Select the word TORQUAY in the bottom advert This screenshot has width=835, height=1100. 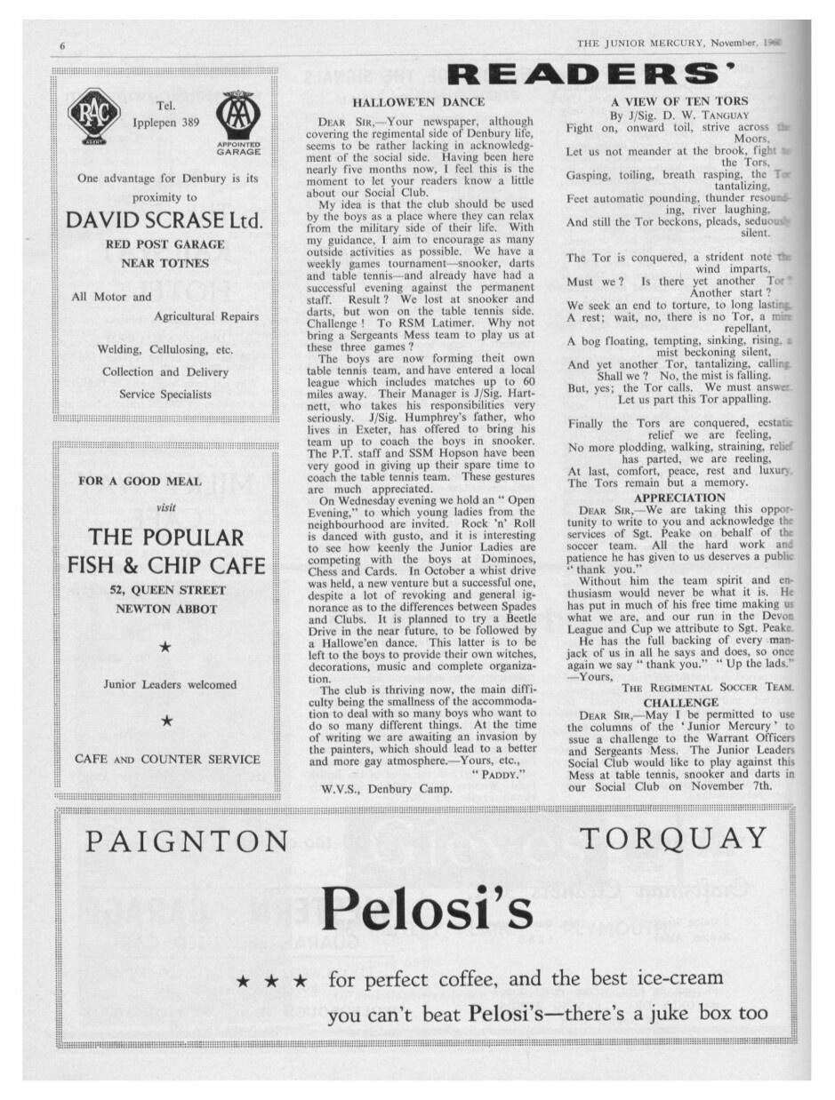672,838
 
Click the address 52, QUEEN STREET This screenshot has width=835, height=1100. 166,590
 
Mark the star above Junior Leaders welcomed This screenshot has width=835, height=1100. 165,649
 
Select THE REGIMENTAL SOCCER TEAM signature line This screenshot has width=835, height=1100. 708,688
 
